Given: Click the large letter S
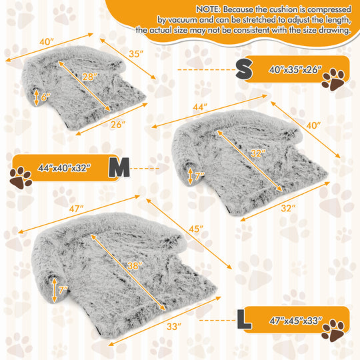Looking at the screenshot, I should click(245, 68).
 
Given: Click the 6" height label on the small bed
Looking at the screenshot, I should click(45, 97).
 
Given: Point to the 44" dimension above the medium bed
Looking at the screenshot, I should click(199, 107).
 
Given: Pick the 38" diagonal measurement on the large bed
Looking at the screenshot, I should click(135, 265).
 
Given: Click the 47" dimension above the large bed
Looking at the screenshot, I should click(76, 209).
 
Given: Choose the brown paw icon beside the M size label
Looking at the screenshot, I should click(21, 177).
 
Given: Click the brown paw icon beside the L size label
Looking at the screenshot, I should click(333, 329).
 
